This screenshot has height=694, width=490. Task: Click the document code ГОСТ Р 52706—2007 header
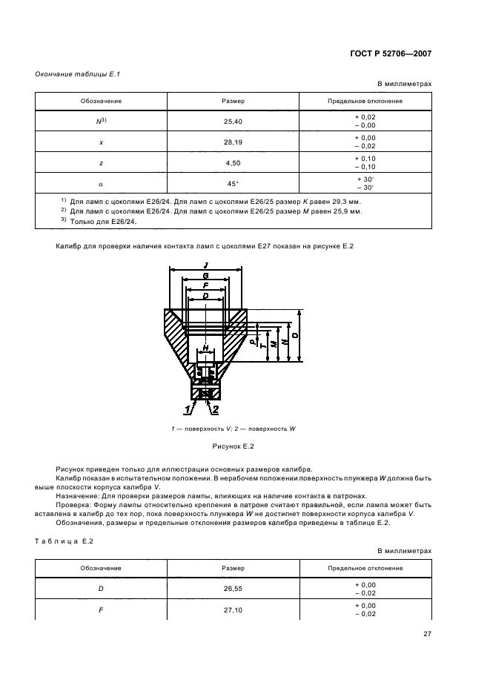click(390, 53)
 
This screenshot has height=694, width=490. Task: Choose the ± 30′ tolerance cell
click(365, 183)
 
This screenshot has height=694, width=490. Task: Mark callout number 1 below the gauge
click(188, 409)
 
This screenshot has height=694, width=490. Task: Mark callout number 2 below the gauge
click(215, 409)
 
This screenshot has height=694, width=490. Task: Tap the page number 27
click(427, 635)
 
